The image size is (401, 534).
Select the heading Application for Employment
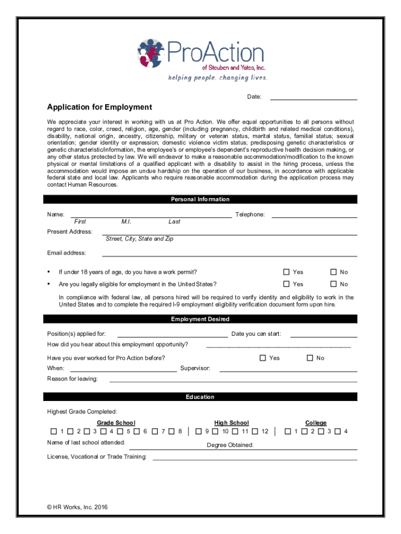(99, 107)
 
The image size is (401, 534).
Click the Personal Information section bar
(200, 199)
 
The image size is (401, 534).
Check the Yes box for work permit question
(286, 272)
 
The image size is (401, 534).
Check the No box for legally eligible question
(334, 284)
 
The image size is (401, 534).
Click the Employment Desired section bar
(200, 319)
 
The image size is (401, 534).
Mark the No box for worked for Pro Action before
(310, 358)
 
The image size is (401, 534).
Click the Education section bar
(200, 397)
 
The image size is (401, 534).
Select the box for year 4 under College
(337, 431)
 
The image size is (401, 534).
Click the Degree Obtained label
(230, 445)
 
